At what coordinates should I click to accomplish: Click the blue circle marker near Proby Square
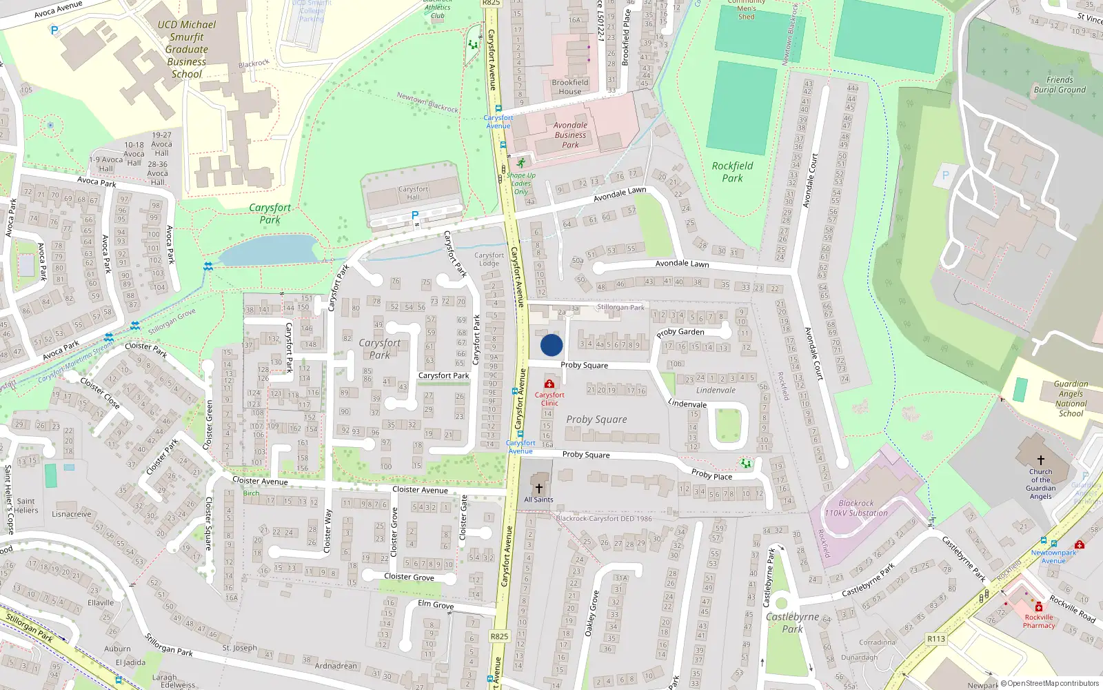[551, 345]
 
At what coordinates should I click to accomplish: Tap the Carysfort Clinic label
[549, 399]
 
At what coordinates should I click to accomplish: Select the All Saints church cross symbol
[539, 488]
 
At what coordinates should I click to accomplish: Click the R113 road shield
[935, 639]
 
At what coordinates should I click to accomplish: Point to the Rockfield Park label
[732, 172]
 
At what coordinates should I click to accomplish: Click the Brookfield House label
[570, 87]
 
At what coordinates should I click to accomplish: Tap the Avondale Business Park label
[571, 135]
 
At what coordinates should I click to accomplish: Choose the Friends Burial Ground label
[1060, 85]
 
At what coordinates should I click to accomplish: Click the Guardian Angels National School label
[1071, 399]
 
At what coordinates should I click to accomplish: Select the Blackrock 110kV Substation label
[856, 509]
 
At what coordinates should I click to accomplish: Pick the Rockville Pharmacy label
[1039, 621]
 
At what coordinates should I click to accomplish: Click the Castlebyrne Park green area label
[793, 622]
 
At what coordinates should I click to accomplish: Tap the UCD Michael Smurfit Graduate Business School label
[187, 49]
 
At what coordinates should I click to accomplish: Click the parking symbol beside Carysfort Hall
[415, 216]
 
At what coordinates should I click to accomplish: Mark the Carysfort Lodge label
[489, 259]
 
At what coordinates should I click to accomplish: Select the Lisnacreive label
[72, 514]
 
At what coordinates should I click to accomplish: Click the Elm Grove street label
[436, 604]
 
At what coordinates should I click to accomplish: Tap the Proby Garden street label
[680, 333]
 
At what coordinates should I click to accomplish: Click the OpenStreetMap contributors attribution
[1050, 684]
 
